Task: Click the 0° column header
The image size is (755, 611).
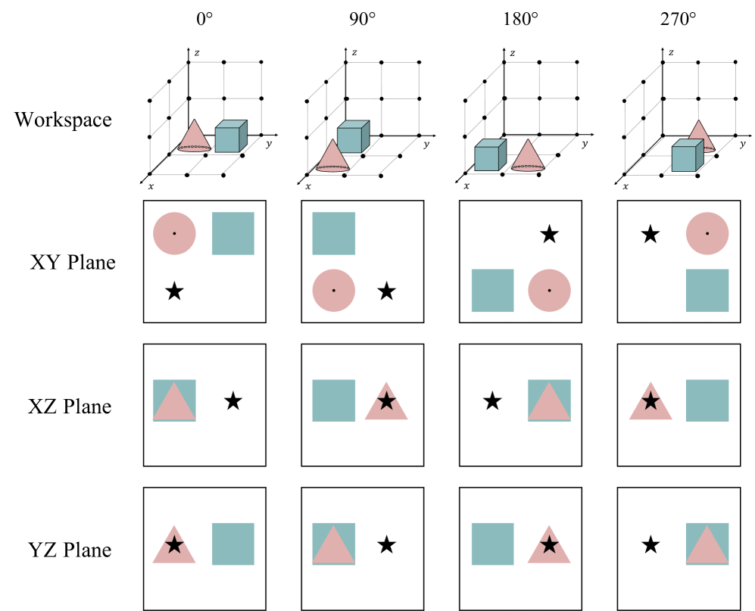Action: coord(204,19)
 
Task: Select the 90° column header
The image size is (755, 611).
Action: coord(363,19)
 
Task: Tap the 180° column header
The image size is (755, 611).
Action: coord(521,19)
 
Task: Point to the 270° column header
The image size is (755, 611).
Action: coord(679,19)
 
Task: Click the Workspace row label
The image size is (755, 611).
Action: coord(63,120)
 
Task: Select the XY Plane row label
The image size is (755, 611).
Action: coord(73,263)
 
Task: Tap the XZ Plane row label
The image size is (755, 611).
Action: coord(70,407)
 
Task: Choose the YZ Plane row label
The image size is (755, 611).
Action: coord(70,550)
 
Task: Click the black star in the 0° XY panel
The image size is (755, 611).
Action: coord(174,291)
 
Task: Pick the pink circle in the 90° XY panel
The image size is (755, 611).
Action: coord(333,290)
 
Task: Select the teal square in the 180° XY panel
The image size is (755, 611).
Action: coord(492,290)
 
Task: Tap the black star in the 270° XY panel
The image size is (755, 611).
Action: coord(650,235)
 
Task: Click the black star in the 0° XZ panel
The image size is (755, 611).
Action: coord(233,401)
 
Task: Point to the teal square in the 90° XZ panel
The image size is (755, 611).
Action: coord(333,400)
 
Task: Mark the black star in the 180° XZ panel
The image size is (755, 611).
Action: coord(492,401)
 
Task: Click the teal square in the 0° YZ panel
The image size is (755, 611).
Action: coord(232,543)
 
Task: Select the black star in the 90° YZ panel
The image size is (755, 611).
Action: coord(387,544)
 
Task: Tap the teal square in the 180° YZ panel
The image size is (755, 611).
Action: coord(492,543)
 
